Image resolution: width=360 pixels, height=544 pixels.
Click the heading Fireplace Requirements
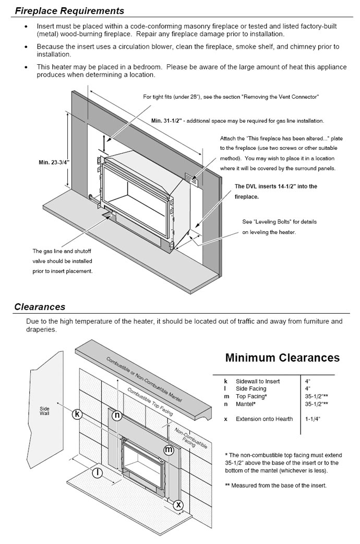click(x=69, y=11)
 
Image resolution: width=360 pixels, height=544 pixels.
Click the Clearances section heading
click(x=40, y=307)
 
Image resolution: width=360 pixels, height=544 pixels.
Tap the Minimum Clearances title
click(x=282, y=358)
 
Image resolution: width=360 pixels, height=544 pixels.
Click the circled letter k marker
click(x=78, y=414)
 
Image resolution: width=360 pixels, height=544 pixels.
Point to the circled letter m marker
click(x=169, y=450)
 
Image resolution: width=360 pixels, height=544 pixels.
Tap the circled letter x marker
click(x=178, y=505)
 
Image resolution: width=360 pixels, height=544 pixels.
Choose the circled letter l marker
click(x=97, y=473)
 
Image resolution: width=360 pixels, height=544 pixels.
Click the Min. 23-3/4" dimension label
click(x=54, y=162)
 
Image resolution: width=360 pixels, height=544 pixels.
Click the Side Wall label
click(x=44, y=411)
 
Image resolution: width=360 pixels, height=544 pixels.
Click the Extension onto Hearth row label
click(x=264, y=419)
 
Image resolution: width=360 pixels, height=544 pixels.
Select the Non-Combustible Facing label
click(x=190, y=439)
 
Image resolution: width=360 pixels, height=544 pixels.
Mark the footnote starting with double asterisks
click(x=276, y=486)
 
